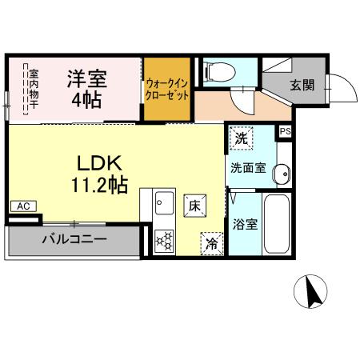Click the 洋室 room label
86,78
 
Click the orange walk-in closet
167,89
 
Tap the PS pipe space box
285,132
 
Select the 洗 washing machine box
241,138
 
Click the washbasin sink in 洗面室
280,170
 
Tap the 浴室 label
246,224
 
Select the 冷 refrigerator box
212,242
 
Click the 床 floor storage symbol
194,206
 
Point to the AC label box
23,206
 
